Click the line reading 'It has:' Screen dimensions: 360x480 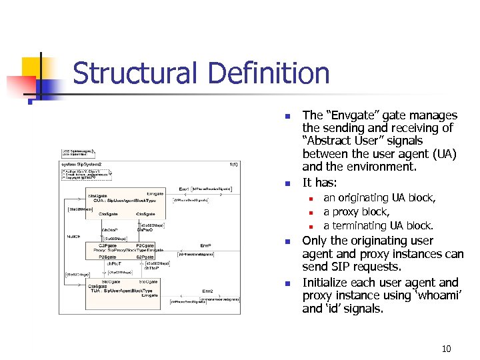click(319, 182)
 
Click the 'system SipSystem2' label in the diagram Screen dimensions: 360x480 click(81, 164)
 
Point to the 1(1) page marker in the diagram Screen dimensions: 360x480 click(233, 164)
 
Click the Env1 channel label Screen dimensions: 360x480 click(185, 189)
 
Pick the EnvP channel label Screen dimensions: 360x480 click(206, 246)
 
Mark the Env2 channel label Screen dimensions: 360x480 click(207, 291)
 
